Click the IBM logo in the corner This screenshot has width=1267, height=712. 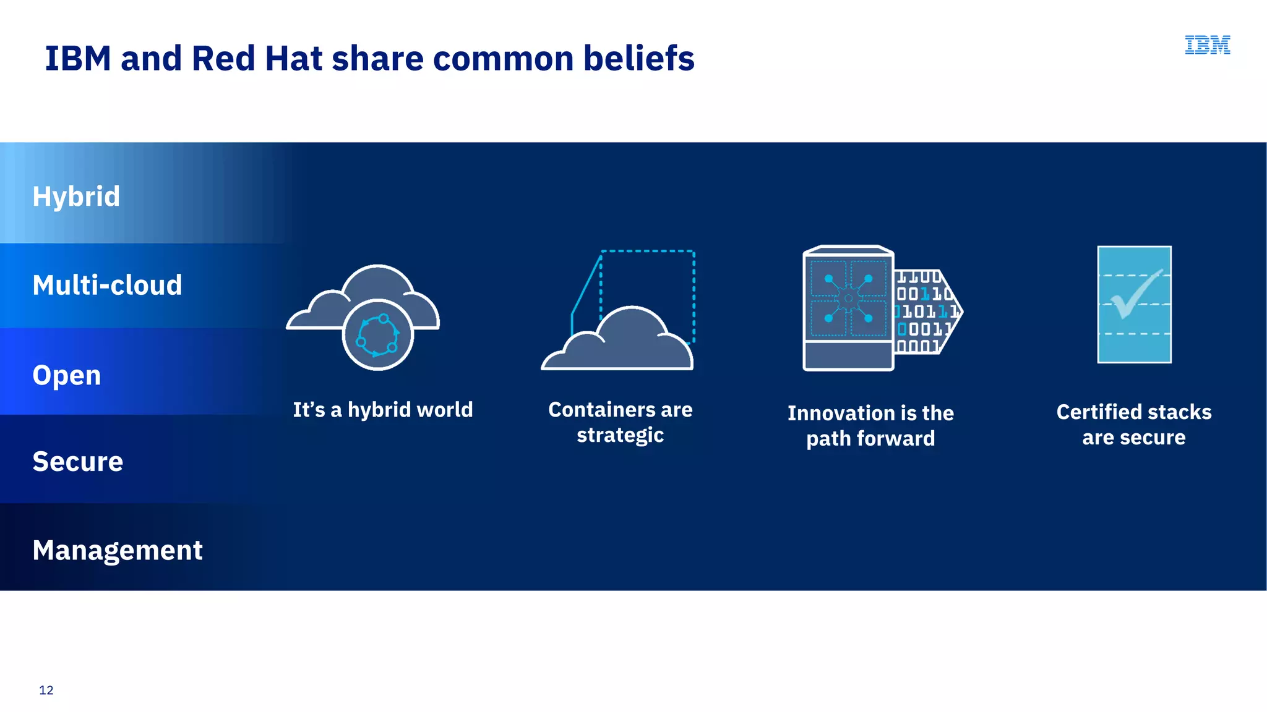tap(1207, 45)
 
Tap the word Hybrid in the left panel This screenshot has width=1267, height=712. tap(76, 197)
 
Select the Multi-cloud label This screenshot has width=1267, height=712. tap(107, 285)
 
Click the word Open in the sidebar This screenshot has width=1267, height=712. tap(67, 375)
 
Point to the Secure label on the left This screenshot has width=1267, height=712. tap(78, 462)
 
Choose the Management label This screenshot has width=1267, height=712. tap(118, 550)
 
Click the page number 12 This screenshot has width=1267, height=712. tap(46, 690)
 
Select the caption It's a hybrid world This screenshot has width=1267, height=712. tap(383, 410)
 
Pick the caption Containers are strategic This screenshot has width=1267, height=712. tap(621, 422)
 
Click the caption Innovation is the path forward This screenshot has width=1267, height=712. tap(870, 426)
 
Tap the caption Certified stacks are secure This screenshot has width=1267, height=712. tap(1133, 425)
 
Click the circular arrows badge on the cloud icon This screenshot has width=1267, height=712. tap(377, 335)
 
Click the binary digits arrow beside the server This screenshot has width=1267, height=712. tap(926, 311)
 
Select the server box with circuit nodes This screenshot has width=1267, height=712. tap(848, 308)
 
